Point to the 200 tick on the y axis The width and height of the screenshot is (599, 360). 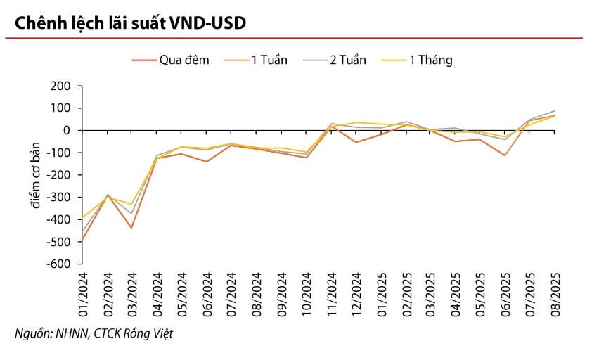pyautogui.click(x=61, y=86)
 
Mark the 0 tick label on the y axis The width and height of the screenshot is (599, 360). pyautogui.click(x=67, y=130)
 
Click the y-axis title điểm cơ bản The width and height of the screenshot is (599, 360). pyautogui.click(x=36, y=175)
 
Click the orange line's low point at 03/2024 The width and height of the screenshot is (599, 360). pyautogui.click(x=131, y=228)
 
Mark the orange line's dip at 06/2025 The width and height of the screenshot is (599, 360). pyautogui.click(x=505, y=155)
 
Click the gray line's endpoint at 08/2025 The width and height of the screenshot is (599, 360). pyautogui.click(x=555, y=110)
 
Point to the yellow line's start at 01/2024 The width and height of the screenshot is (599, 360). pyautogui.click(x=82, y=218)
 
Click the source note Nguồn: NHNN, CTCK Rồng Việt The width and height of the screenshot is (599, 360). pyautogui.click(x=94, y=333)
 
